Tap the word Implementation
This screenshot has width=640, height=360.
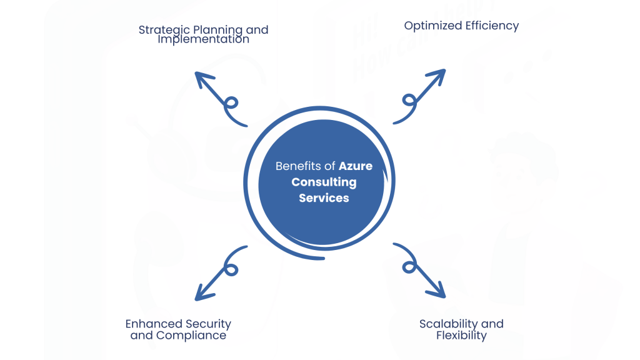[x=203, y=39]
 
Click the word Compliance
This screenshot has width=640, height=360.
[x=191, y=335]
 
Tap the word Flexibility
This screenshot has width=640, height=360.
[x=461, y=335]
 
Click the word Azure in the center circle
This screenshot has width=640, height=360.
[x=356, y=166]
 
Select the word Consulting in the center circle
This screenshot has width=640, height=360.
[x=324, y=182]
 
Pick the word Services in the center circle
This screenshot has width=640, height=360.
[x=324, y=198]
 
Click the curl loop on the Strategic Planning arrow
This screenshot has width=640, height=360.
[x=231, y=103]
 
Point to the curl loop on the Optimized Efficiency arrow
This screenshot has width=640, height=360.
[x=409, y=101]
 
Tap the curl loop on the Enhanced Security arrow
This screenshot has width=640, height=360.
[x=231, y=269]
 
